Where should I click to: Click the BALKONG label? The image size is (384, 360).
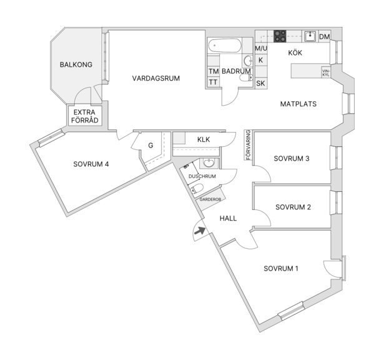click(76, 65)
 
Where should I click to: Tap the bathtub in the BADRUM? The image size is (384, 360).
click(225, 46)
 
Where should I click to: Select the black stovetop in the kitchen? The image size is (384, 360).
click(280, 36)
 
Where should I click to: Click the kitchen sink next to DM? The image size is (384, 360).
click(310, 36)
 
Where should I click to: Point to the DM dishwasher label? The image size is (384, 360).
click(325, 37)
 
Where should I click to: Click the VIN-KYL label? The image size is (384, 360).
click(326, 72)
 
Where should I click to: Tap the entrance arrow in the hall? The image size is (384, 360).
click(200, 231)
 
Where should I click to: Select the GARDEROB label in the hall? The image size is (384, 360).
click(210, 199)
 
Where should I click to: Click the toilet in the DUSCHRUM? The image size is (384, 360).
click(197, 189)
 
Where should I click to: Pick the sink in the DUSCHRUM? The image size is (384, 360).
click(209, 163)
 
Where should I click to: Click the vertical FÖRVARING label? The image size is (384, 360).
click(249, 145)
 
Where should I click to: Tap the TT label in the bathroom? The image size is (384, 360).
click(213, 82)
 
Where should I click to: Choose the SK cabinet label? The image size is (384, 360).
click(260, 83)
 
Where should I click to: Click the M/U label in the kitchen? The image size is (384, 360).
click(261, 48)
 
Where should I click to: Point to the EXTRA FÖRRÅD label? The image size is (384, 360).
click(84, 116)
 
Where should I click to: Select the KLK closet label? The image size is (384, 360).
click(204, 139)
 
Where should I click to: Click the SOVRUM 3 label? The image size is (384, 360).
click(292, 159)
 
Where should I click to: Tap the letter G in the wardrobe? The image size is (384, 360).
click(150, 146)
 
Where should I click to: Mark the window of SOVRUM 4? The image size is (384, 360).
click(51, 138)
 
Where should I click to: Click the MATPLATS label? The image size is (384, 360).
click(298, 104)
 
